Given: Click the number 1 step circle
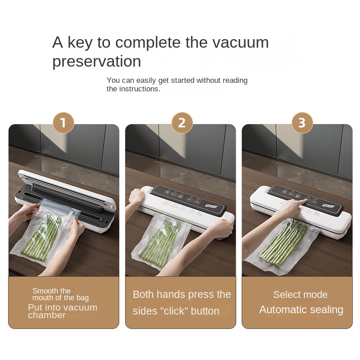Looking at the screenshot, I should [63, 123].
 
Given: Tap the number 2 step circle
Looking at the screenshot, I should [182, 123].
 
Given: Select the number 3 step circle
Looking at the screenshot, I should [301, 123].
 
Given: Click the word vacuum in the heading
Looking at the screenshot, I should [241, 42].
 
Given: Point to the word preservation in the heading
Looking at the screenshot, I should [96, 61].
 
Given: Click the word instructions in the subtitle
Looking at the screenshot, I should [139, 89].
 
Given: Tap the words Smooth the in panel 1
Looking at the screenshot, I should [51, 291].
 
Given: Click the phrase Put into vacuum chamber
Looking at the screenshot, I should [62, 311].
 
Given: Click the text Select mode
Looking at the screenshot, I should [300, 295].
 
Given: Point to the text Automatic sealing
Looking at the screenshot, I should [301, 310].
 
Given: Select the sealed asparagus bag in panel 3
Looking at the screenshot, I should [283, 245].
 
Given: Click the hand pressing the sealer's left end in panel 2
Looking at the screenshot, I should [135, 197].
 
